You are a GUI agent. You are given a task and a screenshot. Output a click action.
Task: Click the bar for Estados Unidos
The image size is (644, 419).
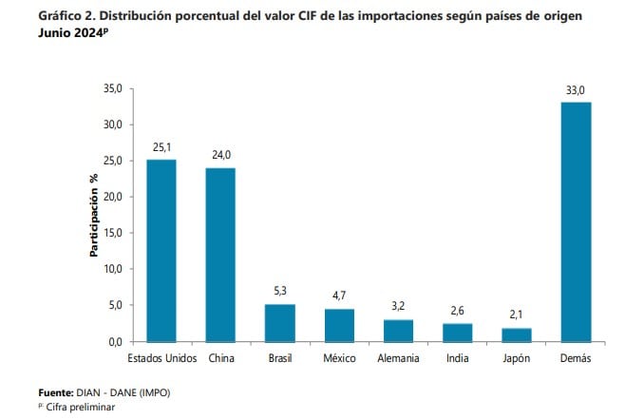161,250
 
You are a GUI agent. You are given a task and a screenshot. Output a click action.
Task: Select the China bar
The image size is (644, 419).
220,255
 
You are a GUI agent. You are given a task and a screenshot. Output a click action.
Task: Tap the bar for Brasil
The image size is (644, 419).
279,322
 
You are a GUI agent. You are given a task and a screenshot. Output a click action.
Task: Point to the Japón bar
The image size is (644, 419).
516,334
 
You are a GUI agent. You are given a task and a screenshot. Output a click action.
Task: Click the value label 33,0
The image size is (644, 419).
576,90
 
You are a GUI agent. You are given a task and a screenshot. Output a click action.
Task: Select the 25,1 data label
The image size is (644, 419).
161,147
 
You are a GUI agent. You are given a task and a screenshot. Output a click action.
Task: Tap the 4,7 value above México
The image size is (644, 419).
339,296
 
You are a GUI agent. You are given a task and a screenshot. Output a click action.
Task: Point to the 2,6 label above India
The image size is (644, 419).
457,312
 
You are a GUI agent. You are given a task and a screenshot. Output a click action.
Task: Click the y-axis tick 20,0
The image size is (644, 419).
111,197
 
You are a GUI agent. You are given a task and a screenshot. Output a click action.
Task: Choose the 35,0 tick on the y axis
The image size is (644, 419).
111,88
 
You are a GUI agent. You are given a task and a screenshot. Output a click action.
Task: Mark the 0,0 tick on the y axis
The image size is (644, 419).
114,341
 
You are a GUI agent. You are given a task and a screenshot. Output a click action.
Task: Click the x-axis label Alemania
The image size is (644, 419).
398,358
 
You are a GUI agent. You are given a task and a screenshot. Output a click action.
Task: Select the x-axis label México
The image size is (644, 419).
339,358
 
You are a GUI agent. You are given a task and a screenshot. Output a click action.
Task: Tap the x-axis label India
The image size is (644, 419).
457,358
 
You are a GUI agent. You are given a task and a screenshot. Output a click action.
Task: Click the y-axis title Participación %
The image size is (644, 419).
94,216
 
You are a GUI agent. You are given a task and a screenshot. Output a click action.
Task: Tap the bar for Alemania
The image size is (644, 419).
398,330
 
